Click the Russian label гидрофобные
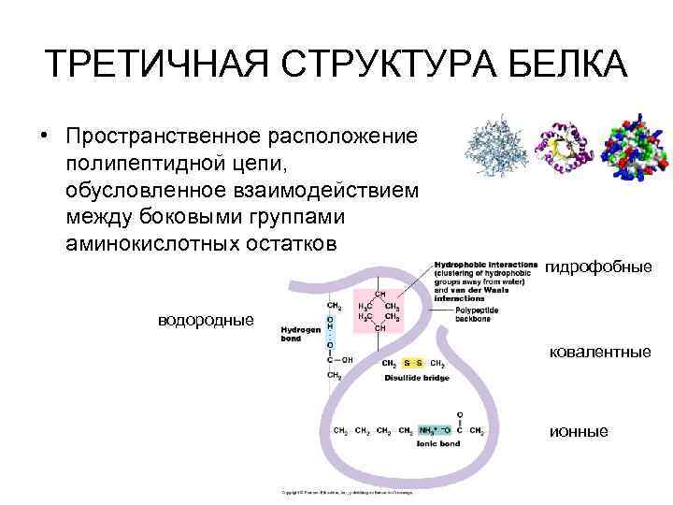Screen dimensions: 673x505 point(598,267)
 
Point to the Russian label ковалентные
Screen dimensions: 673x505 point(599,352)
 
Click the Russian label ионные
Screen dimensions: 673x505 point(579,431)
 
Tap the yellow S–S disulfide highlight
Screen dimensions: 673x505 point(413,364)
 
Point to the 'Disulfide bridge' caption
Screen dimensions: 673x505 point(417,378)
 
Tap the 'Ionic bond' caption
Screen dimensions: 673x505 point(437,445)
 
